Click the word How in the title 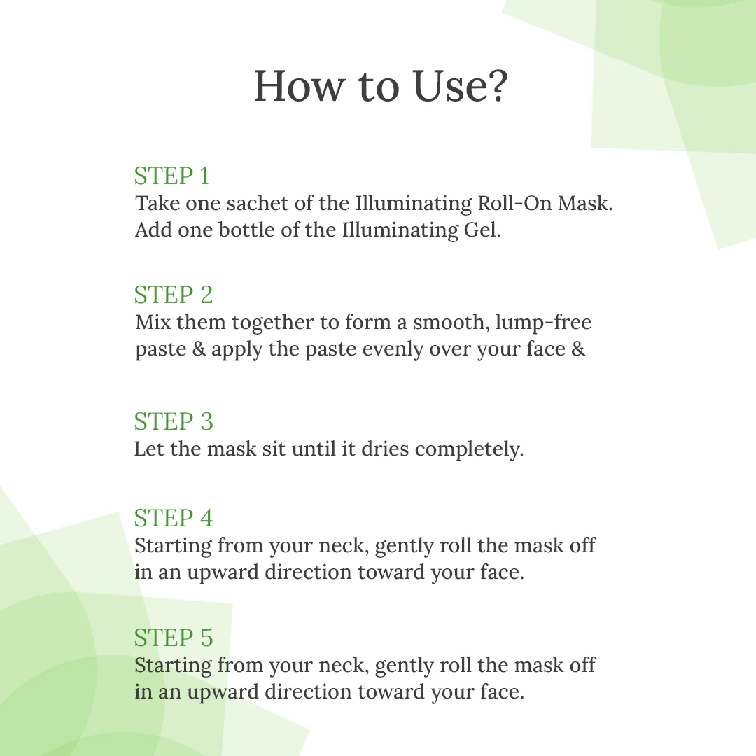[300, 87]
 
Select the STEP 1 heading [171, 176]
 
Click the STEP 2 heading [173, 295]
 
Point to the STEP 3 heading [173, 421]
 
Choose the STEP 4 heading [173, 518]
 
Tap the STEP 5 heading [173, 638]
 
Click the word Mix [153, 323]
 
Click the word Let [148, 449]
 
